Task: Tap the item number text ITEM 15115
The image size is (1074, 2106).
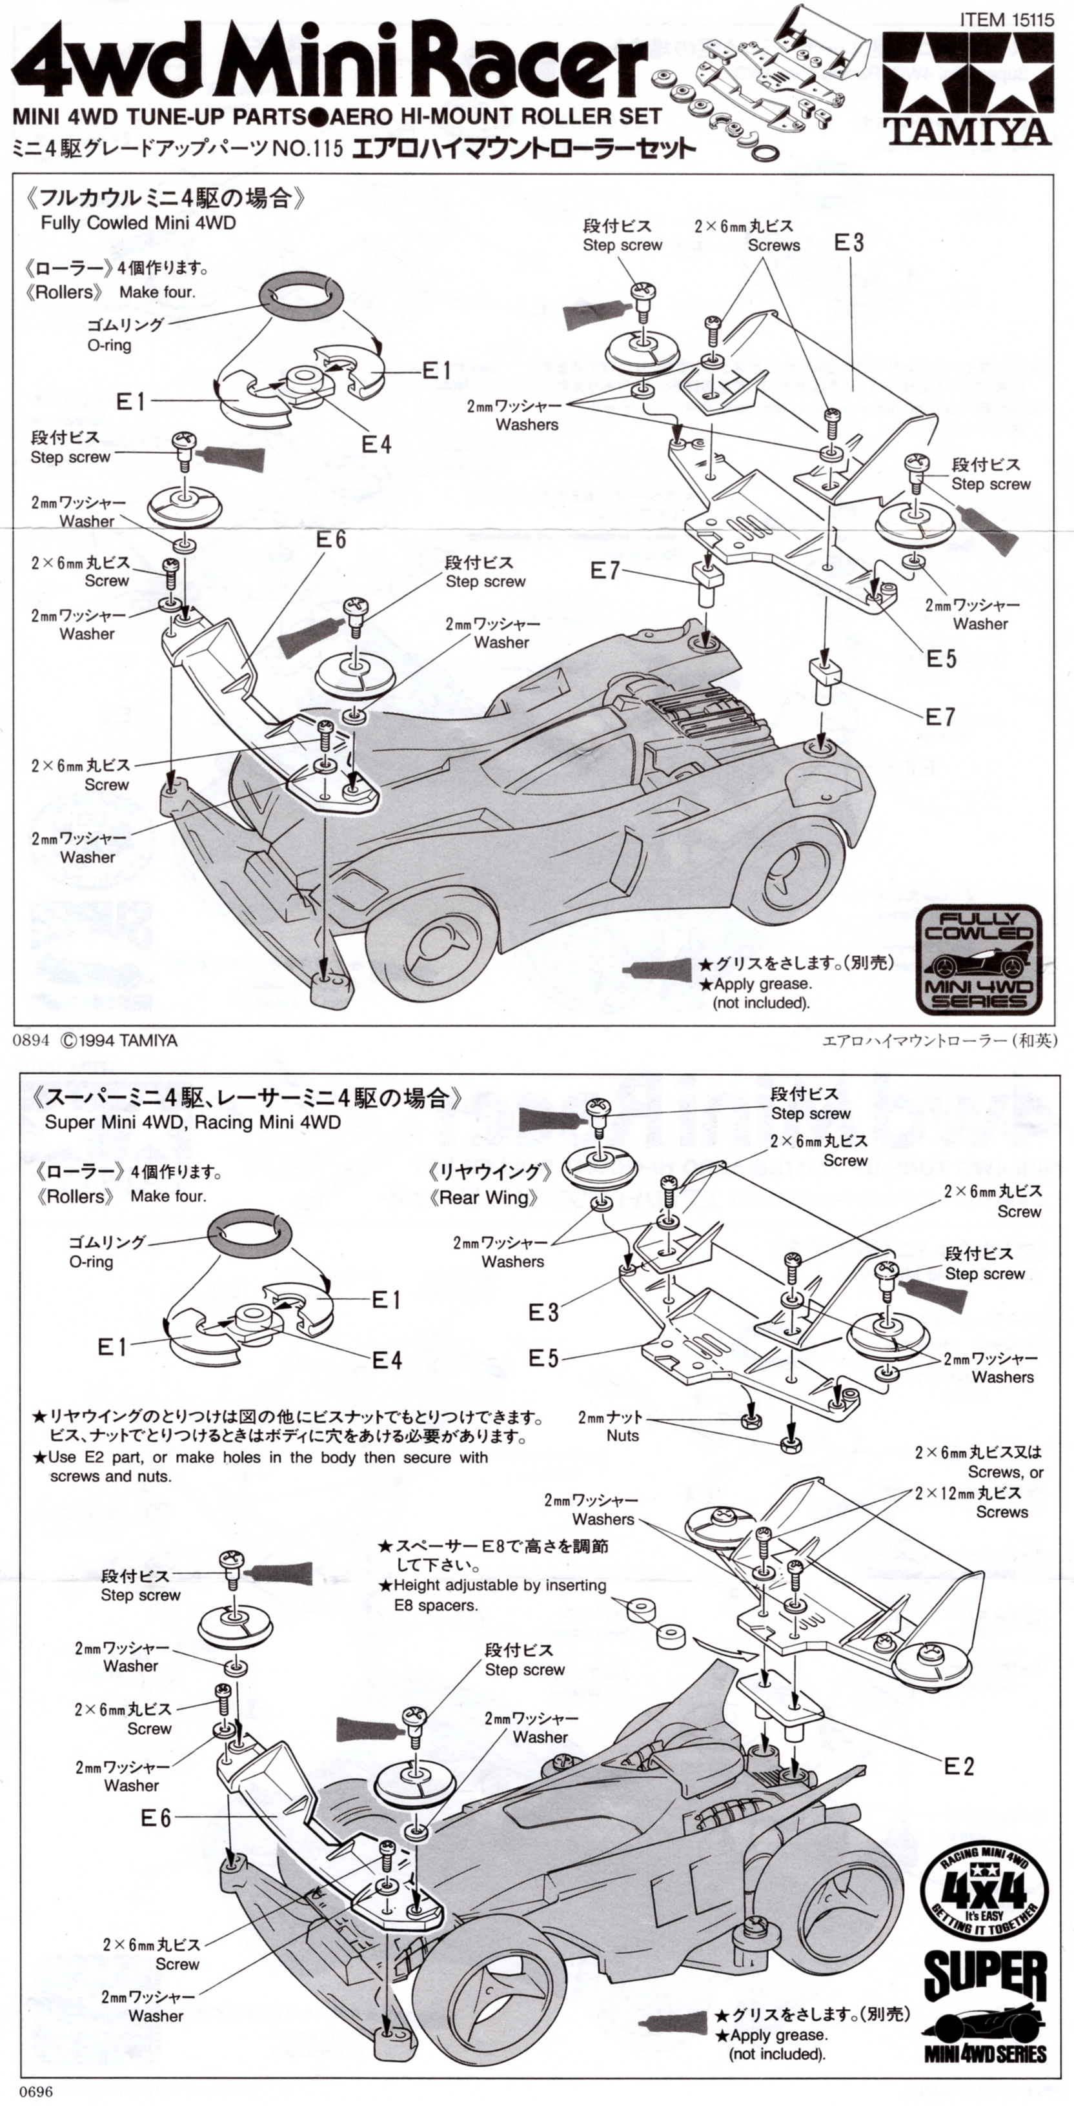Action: point(1006,18)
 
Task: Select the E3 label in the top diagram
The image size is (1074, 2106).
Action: point(848,242)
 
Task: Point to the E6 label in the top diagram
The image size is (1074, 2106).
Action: point(330,540)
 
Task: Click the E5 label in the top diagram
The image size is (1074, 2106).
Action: point(941,658)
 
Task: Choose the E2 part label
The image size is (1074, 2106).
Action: point(958,1767)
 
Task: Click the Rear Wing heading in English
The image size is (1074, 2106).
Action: point(484,1198)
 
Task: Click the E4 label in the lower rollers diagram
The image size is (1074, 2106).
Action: point(387,1361)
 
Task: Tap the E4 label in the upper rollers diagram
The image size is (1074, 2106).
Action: point(376,444)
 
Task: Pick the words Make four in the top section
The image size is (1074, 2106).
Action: point(157,292)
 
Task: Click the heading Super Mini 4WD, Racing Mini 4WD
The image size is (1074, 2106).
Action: point(192,1122)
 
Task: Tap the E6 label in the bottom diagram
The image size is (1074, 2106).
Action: point(156,1818)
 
